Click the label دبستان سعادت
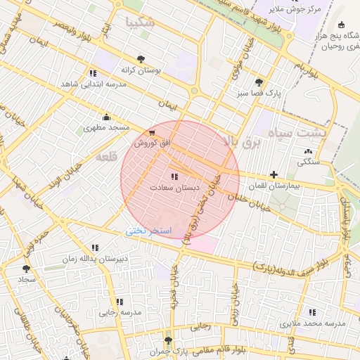click(174, 188)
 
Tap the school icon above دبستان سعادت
click(174, 176)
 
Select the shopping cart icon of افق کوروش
click(153, 131)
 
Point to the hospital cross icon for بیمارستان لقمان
click(274, 174)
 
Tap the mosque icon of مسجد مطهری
click(106, 117)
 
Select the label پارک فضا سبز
click(259, 93)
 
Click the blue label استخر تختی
click(147, 231)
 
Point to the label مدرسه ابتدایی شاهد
click(94, 84)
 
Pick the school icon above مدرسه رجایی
click(119, 302)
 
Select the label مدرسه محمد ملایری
click(313, 323)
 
